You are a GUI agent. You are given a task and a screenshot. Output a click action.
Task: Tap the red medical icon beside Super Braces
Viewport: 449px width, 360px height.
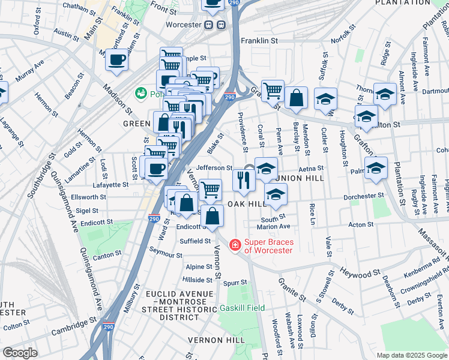235,245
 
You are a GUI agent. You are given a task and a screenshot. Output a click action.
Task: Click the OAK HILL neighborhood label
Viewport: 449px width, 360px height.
246,204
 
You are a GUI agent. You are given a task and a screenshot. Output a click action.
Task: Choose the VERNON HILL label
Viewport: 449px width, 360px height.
215,340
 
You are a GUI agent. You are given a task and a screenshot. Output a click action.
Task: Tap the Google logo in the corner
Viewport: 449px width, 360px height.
20,353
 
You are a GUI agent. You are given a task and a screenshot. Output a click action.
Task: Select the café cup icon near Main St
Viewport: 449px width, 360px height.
117,59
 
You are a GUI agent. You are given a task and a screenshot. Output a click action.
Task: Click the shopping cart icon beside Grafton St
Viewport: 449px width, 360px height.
273,91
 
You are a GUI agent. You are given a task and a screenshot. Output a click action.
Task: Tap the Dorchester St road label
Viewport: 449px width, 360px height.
363,196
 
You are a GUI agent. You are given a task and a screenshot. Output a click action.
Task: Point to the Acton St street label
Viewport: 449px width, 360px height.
361,224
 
